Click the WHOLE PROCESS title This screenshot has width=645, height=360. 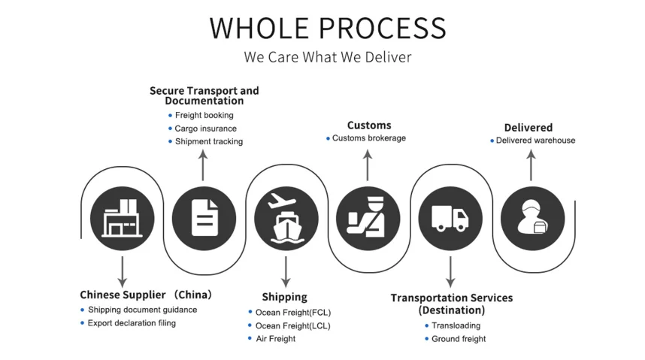328,27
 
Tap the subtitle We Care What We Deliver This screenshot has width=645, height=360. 328,57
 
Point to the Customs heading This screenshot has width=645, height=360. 369,126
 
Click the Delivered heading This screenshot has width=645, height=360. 528,128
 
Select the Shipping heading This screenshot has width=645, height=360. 284,297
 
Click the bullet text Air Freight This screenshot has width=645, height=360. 275,339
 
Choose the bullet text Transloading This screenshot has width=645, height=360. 456,325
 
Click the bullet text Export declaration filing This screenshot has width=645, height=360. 132,323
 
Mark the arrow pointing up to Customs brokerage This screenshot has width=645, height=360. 368,165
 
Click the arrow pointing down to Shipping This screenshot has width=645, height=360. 286,271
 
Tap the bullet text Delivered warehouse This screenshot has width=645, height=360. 535,141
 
